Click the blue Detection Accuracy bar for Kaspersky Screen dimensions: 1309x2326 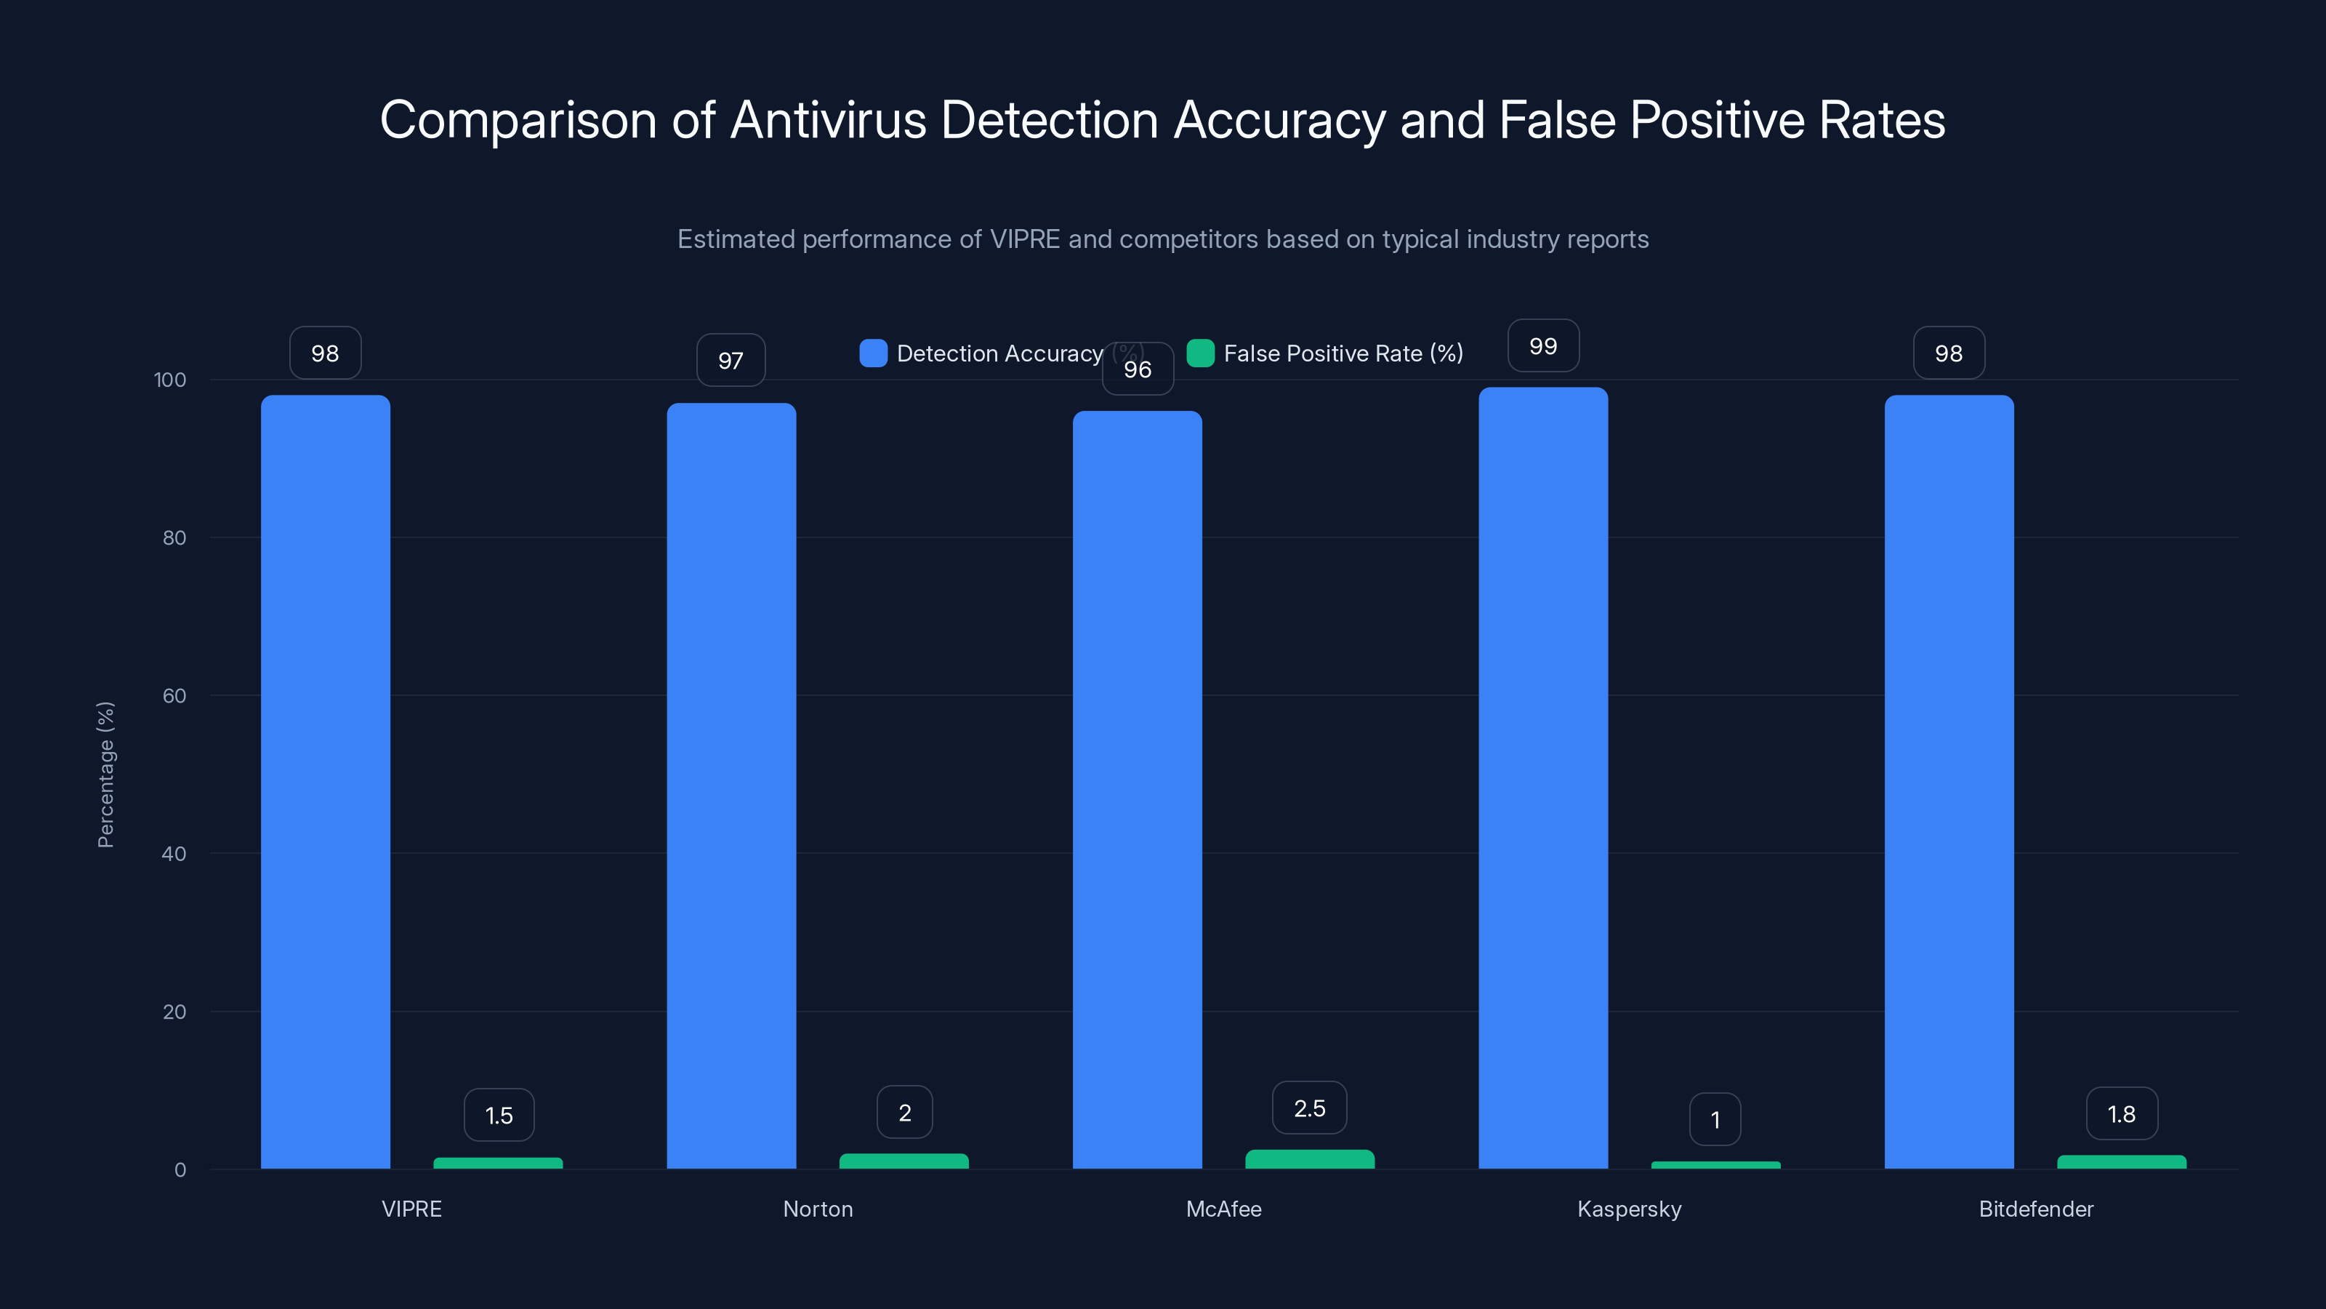(1543, 777)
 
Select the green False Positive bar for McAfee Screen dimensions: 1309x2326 (1309, 1159)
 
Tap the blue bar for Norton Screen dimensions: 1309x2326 (731, 786)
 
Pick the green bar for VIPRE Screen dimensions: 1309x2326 (497, 1163)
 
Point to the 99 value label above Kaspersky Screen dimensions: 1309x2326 (1543, 346)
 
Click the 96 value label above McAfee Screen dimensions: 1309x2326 (1138, 369)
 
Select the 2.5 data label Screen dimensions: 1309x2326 (1309, 1108)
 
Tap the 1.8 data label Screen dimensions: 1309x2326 (2121, 1114)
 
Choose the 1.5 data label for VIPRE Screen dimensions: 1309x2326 (499, 1116)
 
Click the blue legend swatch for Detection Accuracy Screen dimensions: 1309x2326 (873, 353)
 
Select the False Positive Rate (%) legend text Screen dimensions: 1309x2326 (1343, 353)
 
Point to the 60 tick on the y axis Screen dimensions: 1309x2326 (174, 696)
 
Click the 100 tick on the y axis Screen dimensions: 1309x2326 (170, 380)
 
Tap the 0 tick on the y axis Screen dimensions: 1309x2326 (180, 1170)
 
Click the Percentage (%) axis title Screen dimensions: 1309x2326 (105, 774)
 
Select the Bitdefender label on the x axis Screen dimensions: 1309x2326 (2035, 1209)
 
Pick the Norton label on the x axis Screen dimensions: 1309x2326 (817, 1209)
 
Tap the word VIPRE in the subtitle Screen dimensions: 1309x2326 (1025, 239)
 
